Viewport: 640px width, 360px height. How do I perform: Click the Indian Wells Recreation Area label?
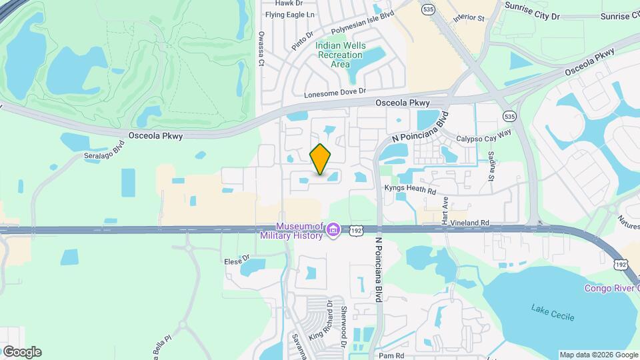341,55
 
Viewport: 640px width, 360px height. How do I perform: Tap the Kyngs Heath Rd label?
410,189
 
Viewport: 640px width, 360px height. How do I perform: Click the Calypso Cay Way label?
483,139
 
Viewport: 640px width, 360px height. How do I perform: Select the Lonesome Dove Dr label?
335,94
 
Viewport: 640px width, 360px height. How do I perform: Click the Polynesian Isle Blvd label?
364,22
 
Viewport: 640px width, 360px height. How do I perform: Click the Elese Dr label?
237,259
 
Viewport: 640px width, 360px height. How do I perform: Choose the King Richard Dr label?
322,319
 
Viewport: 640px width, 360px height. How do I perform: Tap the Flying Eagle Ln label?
289,14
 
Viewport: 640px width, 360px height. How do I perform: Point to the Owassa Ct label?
261,54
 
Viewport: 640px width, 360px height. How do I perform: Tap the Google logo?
21,351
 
